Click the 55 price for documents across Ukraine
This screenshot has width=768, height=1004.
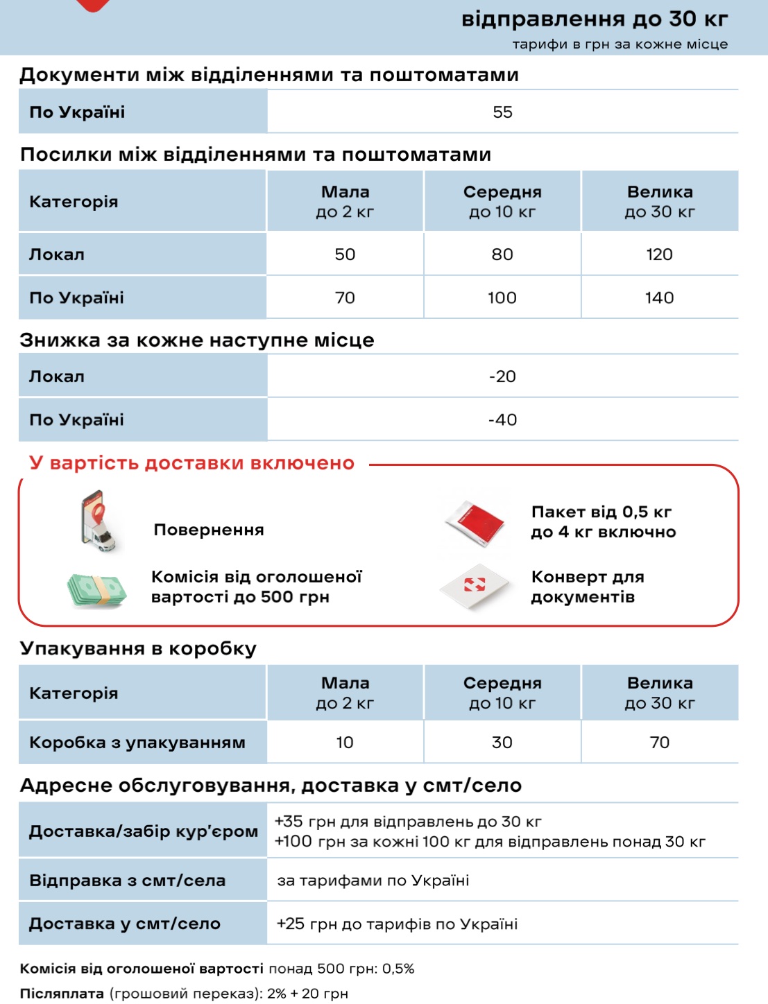point(502,112)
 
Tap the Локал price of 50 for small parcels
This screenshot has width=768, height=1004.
point(345,254)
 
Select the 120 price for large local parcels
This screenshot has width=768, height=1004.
point(659,254)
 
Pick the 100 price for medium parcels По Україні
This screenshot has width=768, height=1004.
point(502,298)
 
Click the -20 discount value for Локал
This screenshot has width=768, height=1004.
point(502,376)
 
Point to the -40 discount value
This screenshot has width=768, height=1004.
point(502,420)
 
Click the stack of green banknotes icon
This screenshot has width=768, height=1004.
point(98,589)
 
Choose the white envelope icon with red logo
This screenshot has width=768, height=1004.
point(475,587)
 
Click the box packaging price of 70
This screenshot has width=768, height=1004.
point(659,743)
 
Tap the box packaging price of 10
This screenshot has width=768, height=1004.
point(345,743)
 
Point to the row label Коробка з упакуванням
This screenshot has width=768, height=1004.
point(137,743)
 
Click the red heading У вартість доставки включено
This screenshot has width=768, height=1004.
point(191,463)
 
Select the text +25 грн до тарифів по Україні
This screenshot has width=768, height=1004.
point(397,924)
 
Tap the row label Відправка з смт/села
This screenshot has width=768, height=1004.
point(128,881)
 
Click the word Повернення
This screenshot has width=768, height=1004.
point(209,530)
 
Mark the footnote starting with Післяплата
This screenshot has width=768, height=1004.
point(184,994)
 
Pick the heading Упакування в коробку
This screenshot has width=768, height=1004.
point(138,649)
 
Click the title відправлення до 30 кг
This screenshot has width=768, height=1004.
point(595,19)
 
